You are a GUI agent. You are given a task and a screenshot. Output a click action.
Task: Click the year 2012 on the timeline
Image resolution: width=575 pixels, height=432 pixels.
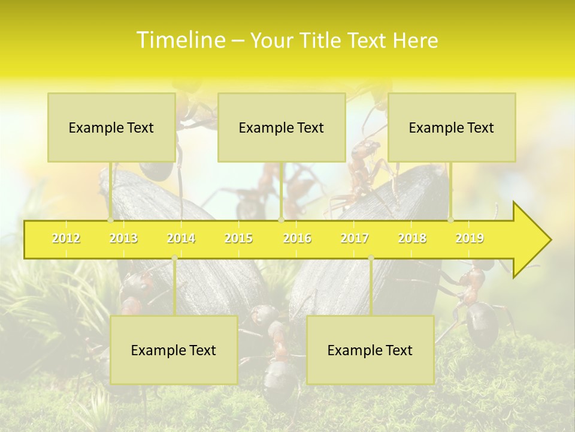point(66,238)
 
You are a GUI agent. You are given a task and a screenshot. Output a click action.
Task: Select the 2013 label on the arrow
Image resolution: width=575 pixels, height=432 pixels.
point(123,238)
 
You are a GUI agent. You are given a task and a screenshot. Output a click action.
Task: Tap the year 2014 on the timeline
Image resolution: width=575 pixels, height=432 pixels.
point(181,238)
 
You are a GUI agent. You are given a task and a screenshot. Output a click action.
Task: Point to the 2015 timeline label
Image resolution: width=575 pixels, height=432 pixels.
point(238,238)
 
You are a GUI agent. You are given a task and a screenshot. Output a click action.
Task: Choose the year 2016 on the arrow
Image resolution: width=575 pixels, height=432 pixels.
point(297,238)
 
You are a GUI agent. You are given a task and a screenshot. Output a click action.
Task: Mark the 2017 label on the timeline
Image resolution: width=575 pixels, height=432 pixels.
point(355,238)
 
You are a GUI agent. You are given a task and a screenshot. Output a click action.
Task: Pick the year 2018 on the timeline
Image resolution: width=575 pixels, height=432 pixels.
point(412,238)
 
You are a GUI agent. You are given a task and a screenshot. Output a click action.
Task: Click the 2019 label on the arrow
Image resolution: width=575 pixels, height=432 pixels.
point(470,238)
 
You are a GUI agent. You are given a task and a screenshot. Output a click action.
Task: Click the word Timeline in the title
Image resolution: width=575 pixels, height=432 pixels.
point(180,40)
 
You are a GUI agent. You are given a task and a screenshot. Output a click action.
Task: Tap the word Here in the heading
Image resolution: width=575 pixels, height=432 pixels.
point(415,41)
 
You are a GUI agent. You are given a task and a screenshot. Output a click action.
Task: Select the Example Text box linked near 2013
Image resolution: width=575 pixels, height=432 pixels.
point(111,127)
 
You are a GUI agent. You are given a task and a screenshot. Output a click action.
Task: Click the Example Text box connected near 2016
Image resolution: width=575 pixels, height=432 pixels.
point(282,127)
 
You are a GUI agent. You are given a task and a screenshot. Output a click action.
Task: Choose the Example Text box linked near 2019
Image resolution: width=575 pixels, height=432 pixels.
point(452,127)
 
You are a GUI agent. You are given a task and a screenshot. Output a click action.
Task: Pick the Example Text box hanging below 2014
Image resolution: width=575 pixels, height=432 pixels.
point(174,350)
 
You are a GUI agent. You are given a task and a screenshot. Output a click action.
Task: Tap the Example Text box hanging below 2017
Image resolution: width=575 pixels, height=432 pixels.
point(370,350)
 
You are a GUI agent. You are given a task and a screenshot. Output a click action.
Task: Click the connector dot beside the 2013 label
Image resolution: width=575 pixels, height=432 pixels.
point(110,220)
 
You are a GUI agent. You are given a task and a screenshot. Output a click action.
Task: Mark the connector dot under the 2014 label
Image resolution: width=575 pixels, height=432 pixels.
point(174,258)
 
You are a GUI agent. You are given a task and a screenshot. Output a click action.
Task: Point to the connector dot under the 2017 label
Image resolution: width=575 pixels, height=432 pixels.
point(371,258)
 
